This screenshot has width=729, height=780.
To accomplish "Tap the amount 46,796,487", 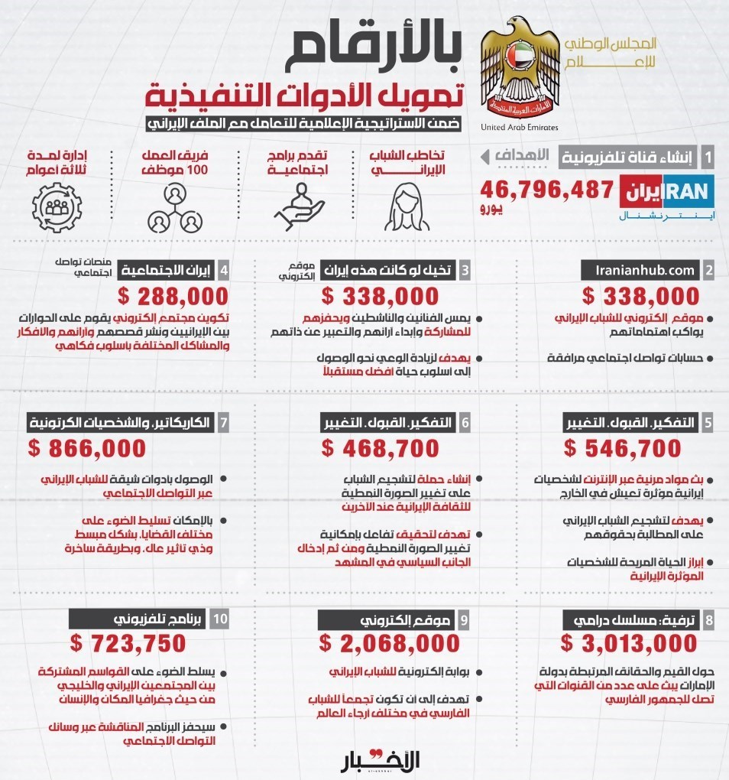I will tap(548, 189).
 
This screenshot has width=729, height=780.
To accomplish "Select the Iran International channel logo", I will tap(667, 196).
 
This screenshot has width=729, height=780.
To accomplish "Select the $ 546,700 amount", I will tap(621, 448).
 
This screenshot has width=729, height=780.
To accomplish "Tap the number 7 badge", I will tap(223, 422).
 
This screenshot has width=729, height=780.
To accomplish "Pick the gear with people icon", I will tap(58, 207).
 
